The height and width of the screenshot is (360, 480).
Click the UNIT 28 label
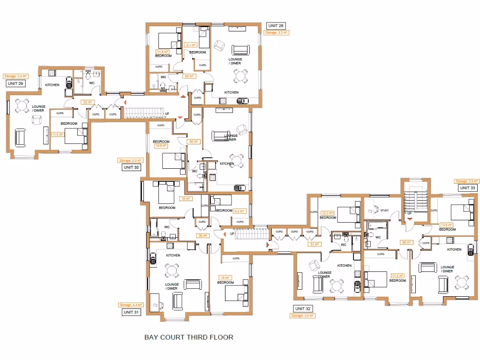pyautogui.click(x=275, y=25)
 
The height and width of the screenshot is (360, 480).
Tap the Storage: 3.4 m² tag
pyautogui.click(x=15, y=76)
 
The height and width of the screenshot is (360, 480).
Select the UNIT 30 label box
pyautogui.click(x=131, y=167)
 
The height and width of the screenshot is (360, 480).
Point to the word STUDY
pyautogui.click(x=385, y=210)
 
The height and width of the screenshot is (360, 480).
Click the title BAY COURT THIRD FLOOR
pyautogui.click(x=188, y=337)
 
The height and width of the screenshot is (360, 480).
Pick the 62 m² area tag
pyautogui.click(x=189, y=76)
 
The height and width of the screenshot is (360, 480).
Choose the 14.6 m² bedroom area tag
pyautogui.click(x=161, y=146)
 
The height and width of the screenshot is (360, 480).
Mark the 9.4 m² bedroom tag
pyautogui.click(x=240, y=211)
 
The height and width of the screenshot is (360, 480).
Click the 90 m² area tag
pyautogui.click(x=203, y=235)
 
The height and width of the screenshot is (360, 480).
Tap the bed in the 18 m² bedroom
pyautogui.click(x=237, y=293)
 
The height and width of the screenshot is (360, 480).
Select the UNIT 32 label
pyautogui.click(x=302, y=308)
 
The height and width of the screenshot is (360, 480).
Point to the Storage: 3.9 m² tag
pyautogui.click(x=467, y=181)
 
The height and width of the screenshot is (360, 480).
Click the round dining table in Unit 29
pyautogui.click(x=22, y=106)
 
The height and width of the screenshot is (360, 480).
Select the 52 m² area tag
pyautogui.click(x=88, y=102)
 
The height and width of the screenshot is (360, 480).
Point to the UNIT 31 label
pyautogui.click(x=131, y=312)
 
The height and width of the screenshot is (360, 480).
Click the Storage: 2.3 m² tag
pyautogui.click(x=130, y=160)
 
